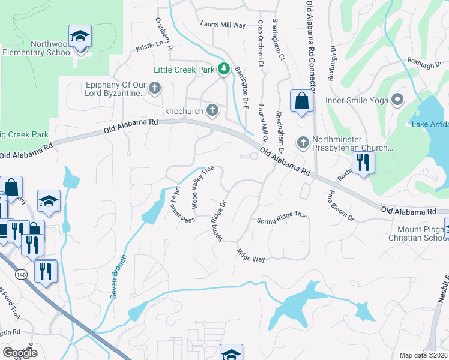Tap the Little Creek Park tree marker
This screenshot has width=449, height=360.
(x=224, y=70)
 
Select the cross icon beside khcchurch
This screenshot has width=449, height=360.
(x=212, y=110)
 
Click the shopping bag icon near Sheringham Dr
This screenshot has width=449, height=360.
(x=301, y=101)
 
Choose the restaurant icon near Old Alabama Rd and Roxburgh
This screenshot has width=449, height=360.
(x=363, y=163)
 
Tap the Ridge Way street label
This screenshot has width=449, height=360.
(x=250, y=256)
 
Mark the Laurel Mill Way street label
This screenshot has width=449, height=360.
(x=223, y=25)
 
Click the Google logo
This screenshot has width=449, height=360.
(x=20, y=353)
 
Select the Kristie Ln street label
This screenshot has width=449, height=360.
(x=149, y=45)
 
